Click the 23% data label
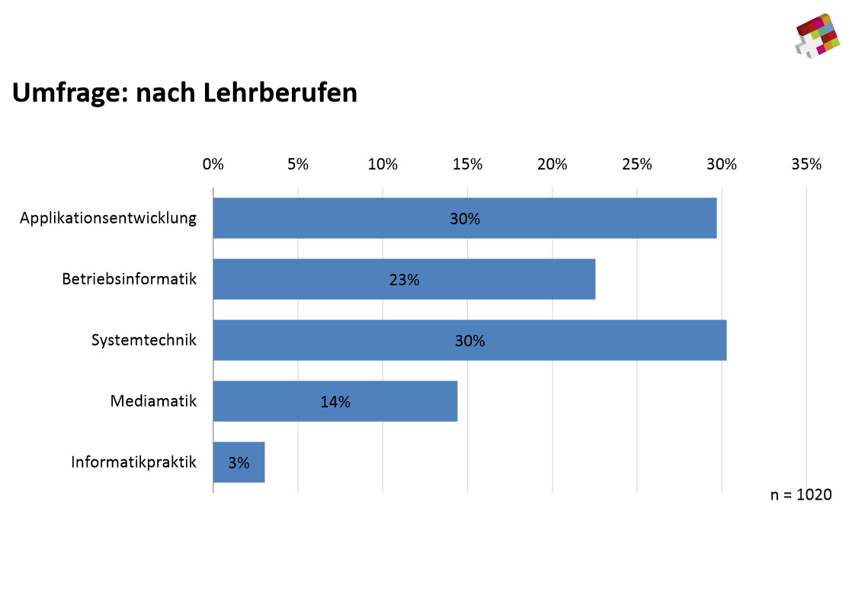point(404,280)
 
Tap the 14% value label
point(335,402)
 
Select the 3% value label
point(239,462)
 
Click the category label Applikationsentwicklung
point(108,218)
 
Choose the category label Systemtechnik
point(144,340)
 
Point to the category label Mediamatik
point(153,401)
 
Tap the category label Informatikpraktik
point(134,462)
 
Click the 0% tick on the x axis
point(213,164)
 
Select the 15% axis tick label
point(467,164)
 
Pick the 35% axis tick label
point(806,164)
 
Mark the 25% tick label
point(637,164)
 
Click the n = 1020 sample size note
point(801,494)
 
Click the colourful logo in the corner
point(818,35)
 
